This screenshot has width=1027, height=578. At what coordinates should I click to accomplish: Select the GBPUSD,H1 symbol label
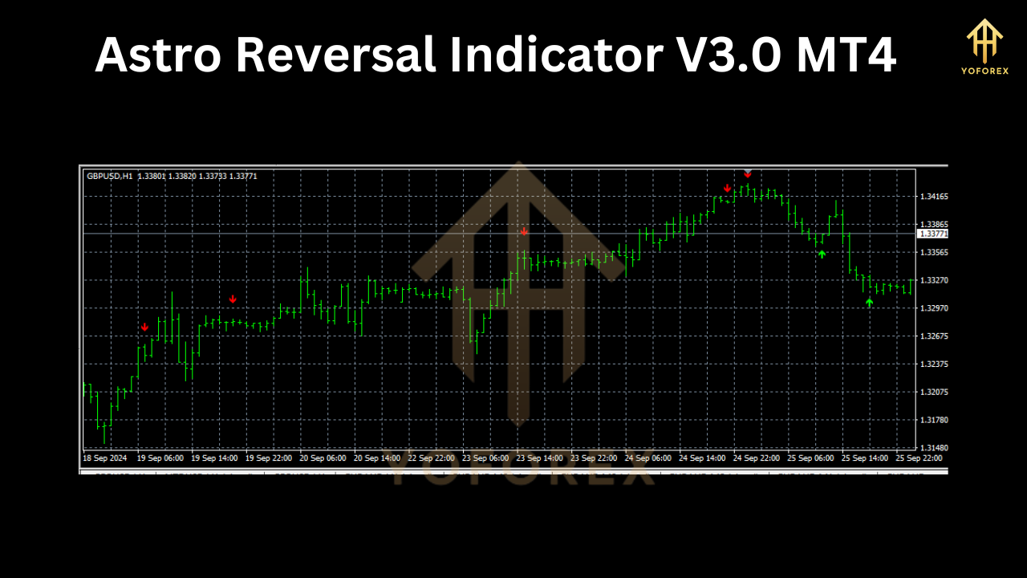pyautogui.click(x=110, y=176)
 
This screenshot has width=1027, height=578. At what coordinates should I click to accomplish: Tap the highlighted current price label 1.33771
pyautogui.click(x=933, y=234)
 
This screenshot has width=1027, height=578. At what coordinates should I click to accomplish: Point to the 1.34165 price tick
pyautogui.click(x=934, y=196)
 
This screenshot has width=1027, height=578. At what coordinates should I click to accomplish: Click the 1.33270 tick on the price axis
pyautogui.click(x=934, y=280)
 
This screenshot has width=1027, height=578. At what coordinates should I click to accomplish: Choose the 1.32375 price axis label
pyautogui.click(x=934, y=364)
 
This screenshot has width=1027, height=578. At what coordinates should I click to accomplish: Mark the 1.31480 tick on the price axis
pyautogui.click(x=934, y=448)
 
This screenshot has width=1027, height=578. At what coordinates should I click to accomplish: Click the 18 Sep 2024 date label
pyautogui.click(x=105, y=458)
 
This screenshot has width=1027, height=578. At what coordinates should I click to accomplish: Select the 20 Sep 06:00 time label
pyautogui.click(x=323, y=458)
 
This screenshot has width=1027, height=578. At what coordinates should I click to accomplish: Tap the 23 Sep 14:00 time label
pyautogui.click(x=540, y=458)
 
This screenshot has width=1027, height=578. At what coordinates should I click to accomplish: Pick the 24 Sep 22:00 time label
pyautogui.click(x=757, y=458)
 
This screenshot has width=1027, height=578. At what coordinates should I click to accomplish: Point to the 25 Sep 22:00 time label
pyautogui.click(x=919, y=458)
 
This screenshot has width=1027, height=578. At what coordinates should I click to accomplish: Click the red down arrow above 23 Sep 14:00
pyautogui.click(x=524, y=232)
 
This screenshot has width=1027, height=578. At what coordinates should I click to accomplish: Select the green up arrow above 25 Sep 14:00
pyautogui.click(x=869, y=303)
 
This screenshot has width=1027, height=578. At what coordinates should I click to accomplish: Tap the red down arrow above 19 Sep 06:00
pyautogui.click(x=144, y=327)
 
